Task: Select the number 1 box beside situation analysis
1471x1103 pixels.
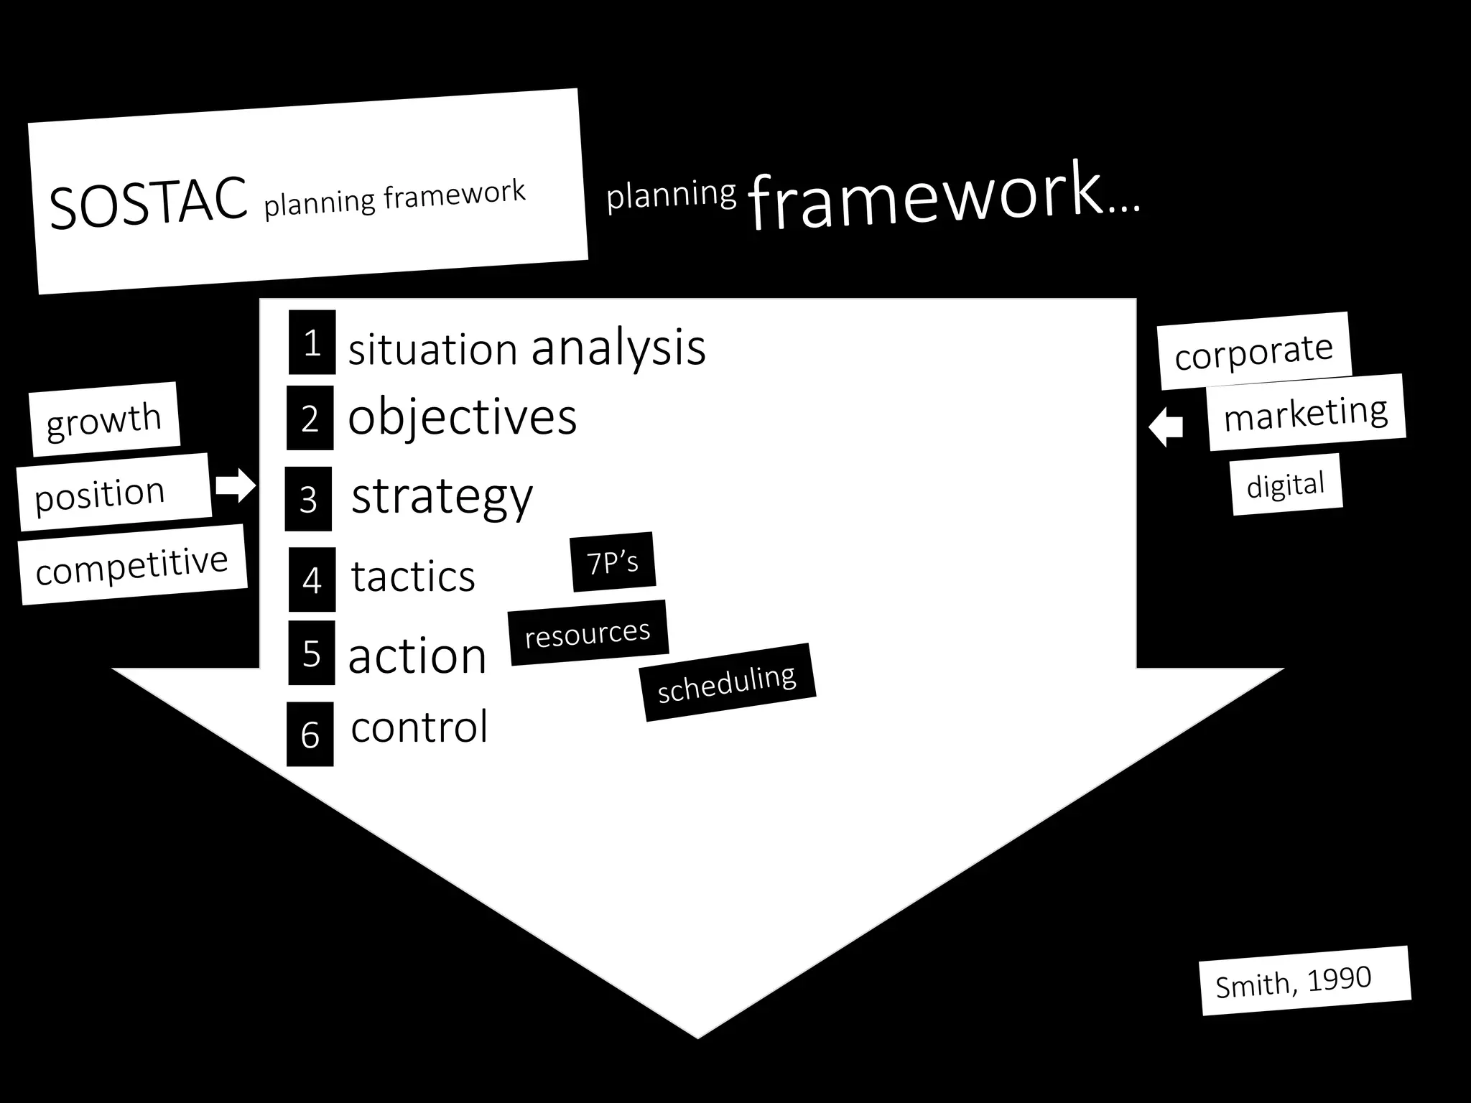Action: (312, 343)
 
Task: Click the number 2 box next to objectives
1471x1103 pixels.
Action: (310, 418)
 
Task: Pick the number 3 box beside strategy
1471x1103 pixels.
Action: (308, 499)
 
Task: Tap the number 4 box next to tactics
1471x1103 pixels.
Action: (312, 580)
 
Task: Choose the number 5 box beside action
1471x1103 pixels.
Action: (311, 653)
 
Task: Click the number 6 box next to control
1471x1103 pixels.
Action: (310, 734)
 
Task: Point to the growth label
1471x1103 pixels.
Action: (104, 419)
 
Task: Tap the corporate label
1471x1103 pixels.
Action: (1254, 352)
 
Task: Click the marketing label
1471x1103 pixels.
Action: (1306, 413)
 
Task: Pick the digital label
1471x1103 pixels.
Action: (1286, 485)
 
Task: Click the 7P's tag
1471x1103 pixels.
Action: (613, 562)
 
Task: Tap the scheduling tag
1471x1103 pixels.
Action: (727, 682)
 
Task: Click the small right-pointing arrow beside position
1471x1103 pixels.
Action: (236, 486)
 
